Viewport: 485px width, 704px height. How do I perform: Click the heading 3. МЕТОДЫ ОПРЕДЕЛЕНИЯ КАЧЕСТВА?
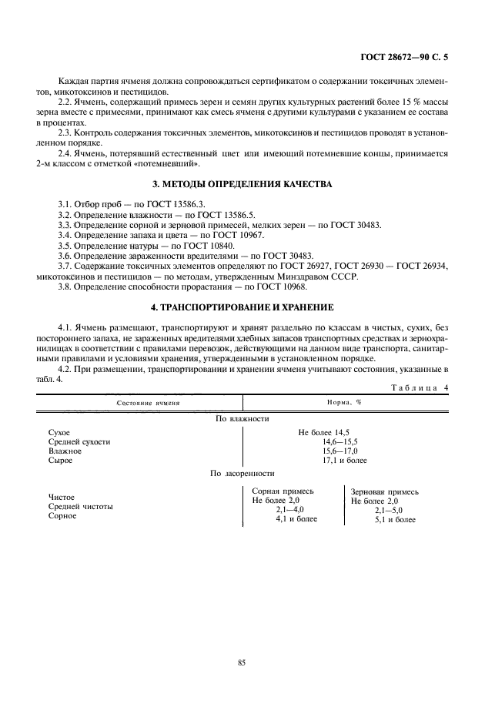pos(242,184)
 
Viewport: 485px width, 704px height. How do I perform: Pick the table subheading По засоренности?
pos(242,473)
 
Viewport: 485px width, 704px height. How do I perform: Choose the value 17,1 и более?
pos(344,461)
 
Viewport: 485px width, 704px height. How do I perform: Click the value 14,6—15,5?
pos(340,442)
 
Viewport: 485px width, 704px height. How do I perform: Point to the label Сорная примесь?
pos(283,491)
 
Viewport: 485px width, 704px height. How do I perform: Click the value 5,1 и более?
pos(395,519)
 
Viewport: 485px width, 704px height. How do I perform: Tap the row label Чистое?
pos(62,498)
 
